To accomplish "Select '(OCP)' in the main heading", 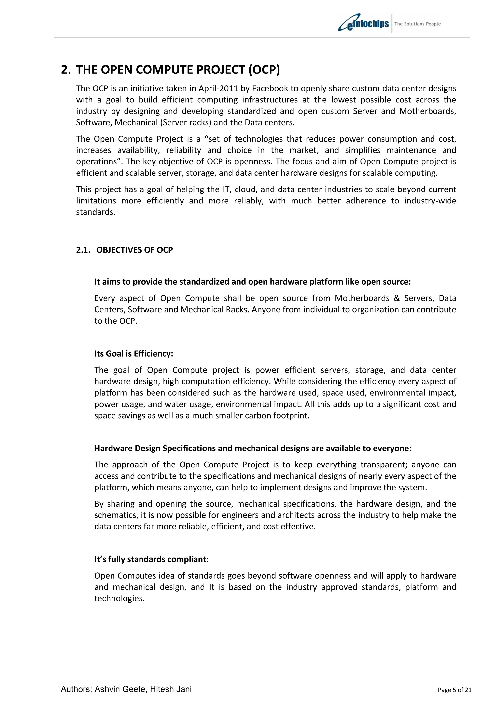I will coord(264,70).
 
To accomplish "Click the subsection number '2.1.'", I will coord(83,250).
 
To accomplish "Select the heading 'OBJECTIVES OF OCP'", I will coord(135,250).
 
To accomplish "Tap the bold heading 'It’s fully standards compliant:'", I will coord(151,559).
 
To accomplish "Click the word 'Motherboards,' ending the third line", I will coord(427,111).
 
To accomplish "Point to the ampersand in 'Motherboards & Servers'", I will coord(397,298).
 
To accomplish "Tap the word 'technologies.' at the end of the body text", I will coord(119,598).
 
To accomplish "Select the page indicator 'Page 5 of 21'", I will coord(454,698).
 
